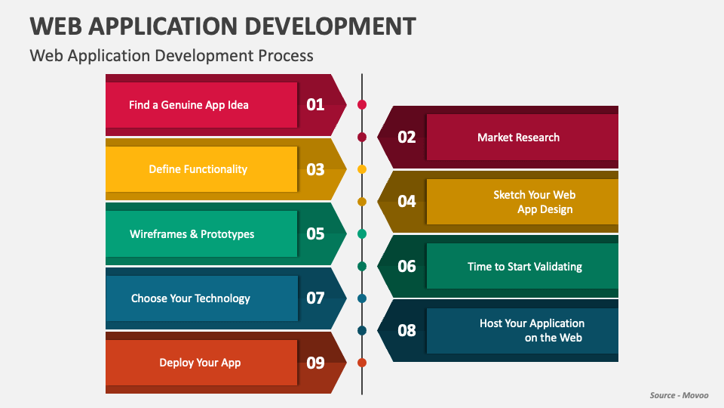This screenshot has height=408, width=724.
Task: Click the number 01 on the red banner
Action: click(x=315, y=104)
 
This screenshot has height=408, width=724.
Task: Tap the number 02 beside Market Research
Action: click(x=406, y=137)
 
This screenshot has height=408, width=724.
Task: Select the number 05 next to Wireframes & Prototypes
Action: click(x=315, y=233)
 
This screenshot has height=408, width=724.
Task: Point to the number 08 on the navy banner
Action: click(x=406, y=330)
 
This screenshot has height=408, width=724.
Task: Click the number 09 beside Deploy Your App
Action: click(x=315, y=363)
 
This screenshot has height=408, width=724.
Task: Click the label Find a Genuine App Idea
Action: click(x=189, y=105)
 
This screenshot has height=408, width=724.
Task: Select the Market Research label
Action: click(x=518, y=138)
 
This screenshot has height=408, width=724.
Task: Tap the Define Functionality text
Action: click(x=198, y=169)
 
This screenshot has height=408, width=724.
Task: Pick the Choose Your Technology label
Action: click(x=190, y=298)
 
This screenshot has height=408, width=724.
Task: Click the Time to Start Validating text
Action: click(x=525, y=267)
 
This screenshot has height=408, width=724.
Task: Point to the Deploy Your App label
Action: click(x=200, y=363)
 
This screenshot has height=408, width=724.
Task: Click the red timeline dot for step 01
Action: click(x=362, y=104)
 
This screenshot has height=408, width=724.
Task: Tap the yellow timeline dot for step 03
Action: click(x=362, y=169)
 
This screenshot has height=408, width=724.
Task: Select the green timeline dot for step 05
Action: click(x=362, y=233)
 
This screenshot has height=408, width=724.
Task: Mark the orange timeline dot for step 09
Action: click(x=362, y=363)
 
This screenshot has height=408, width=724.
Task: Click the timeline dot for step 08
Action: click(x=362, y=330)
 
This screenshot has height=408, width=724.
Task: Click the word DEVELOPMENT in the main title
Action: click(x=330, y=26)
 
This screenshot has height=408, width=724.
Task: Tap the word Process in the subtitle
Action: click(x=286, y=55)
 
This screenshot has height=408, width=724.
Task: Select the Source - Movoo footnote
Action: click(x=679, y=395)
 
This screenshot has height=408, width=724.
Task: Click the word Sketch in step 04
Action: click(x=509, y=195)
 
